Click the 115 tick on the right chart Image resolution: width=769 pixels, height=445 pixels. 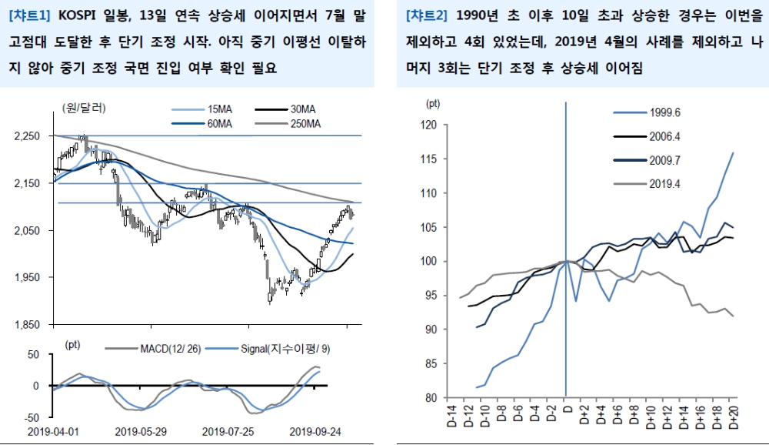click(431, 159)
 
